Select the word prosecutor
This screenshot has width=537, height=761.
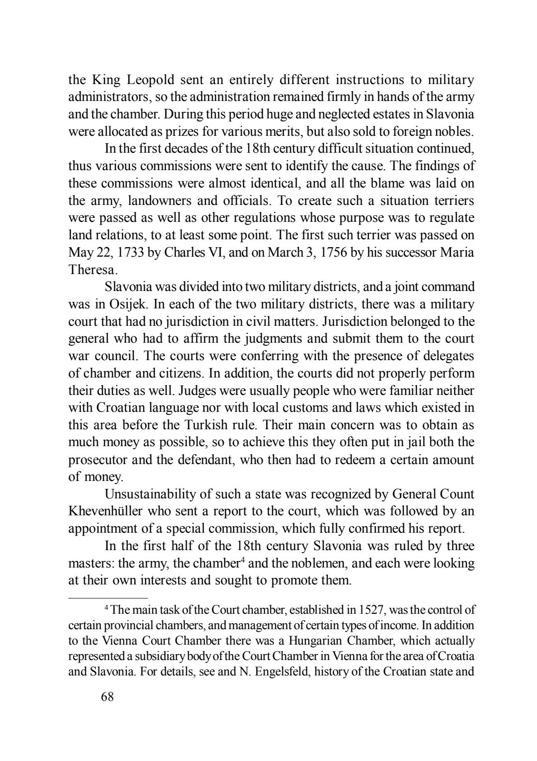click(97, 460)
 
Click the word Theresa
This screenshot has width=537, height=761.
click(92, 270)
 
